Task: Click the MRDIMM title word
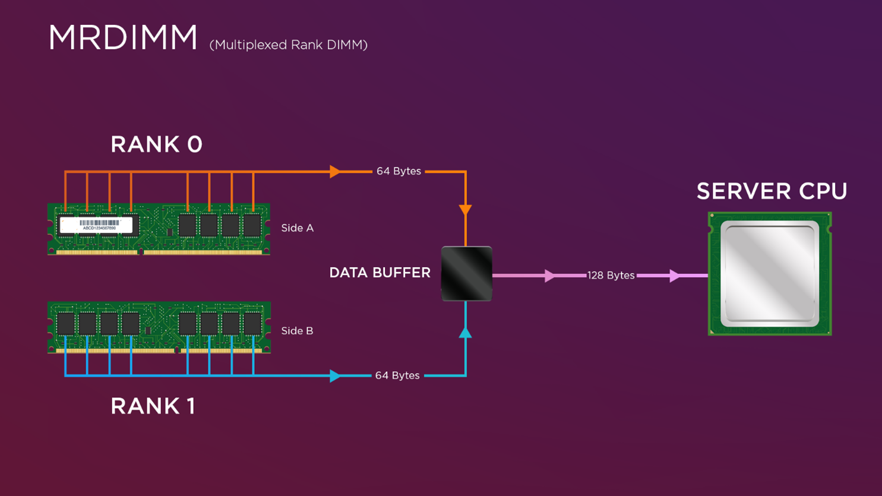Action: click(122, 38)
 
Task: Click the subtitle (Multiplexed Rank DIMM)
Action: click(288, 45)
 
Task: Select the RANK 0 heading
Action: click(156, 144)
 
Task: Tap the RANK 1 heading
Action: click(153, 406)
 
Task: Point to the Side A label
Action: click(297, 228)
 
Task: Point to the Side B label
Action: click(297, 331)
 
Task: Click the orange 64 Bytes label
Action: click(399, 171)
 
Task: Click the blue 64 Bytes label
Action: click(397, 375)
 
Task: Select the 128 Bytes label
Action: click(611, 276)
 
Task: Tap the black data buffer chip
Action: click(466, 274)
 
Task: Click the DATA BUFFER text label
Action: click(380, 273)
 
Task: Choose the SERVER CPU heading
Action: click(772, 191)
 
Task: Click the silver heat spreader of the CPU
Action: click(770, 274)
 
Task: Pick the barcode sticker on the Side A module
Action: click(96, 225)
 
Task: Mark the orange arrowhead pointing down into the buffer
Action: click(466, 210)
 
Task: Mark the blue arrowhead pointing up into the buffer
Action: click(466, 333)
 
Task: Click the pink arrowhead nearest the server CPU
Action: click(674, 276)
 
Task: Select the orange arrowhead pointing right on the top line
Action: click(335, 172)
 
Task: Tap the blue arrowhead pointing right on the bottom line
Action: click(335, 376)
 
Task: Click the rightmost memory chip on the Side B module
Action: click(252, 324)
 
